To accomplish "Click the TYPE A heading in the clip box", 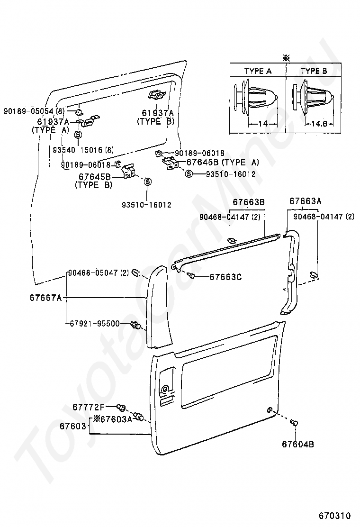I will coord(258,72).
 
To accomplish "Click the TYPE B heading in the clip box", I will coord(314,72).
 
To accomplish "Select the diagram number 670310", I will coord(334,515).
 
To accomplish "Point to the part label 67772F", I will coord(88,407).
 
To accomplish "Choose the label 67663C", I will coord(225,277).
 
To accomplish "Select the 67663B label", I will coord(248,202).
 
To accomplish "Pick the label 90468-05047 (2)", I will coord(99,273).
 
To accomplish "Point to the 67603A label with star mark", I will coord(113,418).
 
